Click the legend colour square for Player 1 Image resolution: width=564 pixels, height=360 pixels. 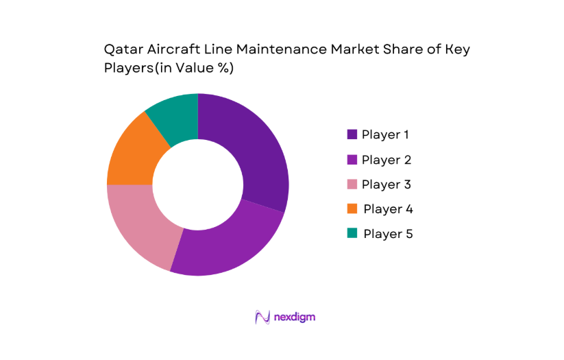pos(352,134)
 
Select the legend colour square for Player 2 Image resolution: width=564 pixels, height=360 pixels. pos(352,160)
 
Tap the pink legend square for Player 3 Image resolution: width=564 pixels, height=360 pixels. pos(352,184)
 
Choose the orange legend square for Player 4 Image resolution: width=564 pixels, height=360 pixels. pos(352,208)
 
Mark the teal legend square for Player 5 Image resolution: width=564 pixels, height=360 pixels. pos(352,233)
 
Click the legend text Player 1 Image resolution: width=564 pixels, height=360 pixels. pos(390,134)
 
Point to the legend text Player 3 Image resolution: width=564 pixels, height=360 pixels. pos(390,184)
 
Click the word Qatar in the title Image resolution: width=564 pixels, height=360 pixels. pos(122,50)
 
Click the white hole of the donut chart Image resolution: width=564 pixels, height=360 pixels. pos(198,184)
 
